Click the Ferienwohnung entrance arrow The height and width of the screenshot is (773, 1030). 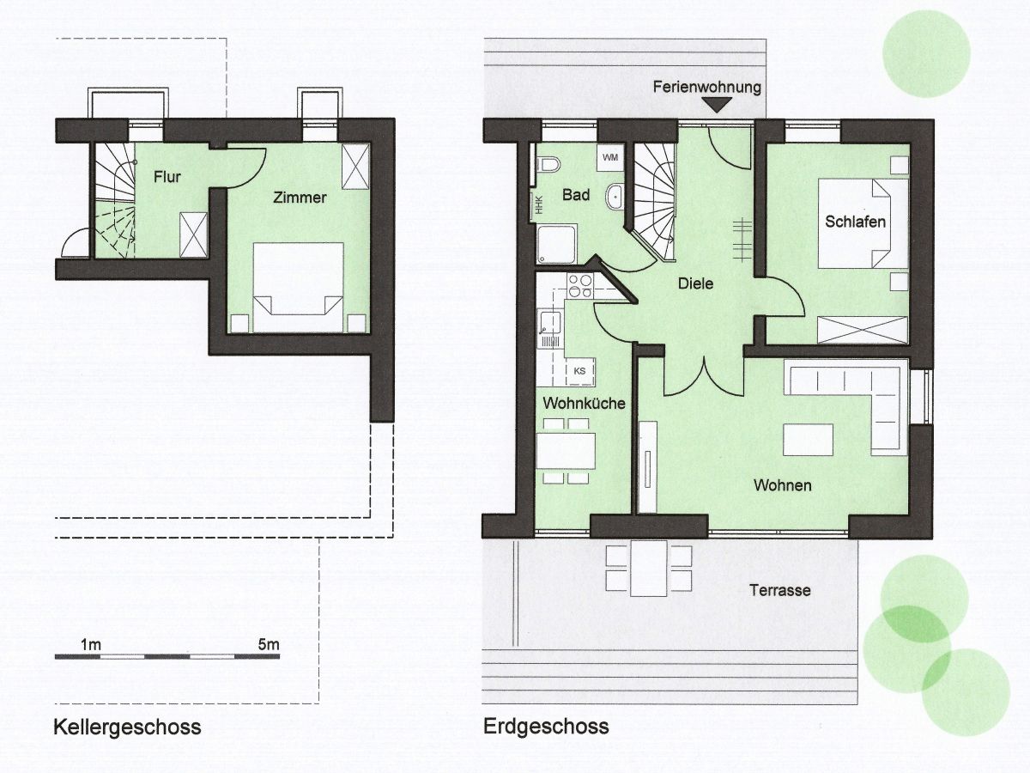coord(716,105)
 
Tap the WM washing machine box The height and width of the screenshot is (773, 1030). coord(610,158)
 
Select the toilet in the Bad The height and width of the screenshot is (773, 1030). coord(548,165)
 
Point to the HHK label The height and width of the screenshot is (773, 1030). coord(539,204)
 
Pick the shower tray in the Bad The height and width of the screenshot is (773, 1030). coord(556,245)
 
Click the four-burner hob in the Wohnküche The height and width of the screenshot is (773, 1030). coord(580,286)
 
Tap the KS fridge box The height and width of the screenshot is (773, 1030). coord(579,371)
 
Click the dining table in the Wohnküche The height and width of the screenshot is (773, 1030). coord(566,451)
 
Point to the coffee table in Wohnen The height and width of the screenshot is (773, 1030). coord(808,439)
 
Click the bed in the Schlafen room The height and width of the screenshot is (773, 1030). coord(855,224)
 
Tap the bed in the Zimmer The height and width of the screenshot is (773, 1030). coord(298,287)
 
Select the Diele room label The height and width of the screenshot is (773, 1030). coord(695,283)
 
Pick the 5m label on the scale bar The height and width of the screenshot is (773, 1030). coord(269,644)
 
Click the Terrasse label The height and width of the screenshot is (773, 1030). coord(780,590)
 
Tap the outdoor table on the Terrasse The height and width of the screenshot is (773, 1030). coord(649,568)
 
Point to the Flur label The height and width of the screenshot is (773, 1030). coord(167,177)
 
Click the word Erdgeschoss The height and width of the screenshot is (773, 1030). coord(546,727)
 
